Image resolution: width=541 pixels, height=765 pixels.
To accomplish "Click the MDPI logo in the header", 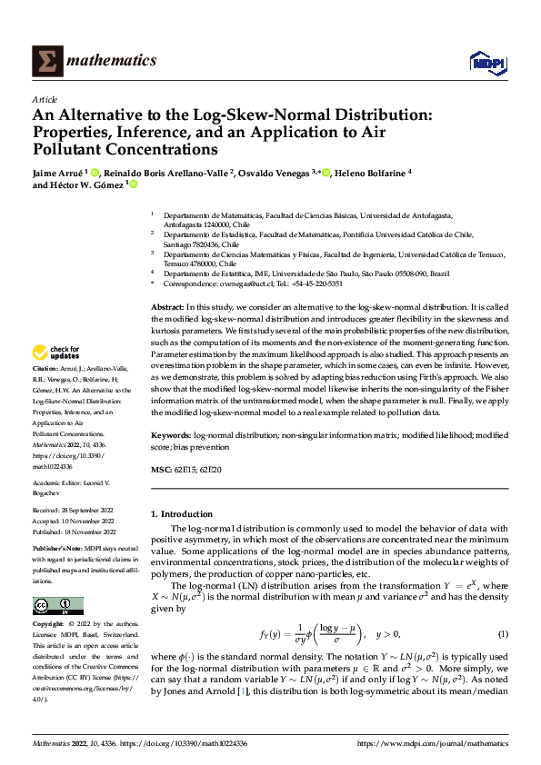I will (x=486, y=61).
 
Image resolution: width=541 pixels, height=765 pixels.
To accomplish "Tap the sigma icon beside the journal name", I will (x=46, y=61).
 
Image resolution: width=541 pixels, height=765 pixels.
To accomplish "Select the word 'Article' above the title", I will (x=45, y=99).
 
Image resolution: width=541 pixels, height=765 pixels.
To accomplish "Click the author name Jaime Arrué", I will (x=58, y=172).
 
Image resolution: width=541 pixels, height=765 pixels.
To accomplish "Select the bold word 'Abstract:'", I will (x=167, y=309).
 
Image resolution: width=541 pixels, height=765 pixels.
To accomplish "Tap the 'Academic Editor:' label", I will (x=61, y=482).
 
